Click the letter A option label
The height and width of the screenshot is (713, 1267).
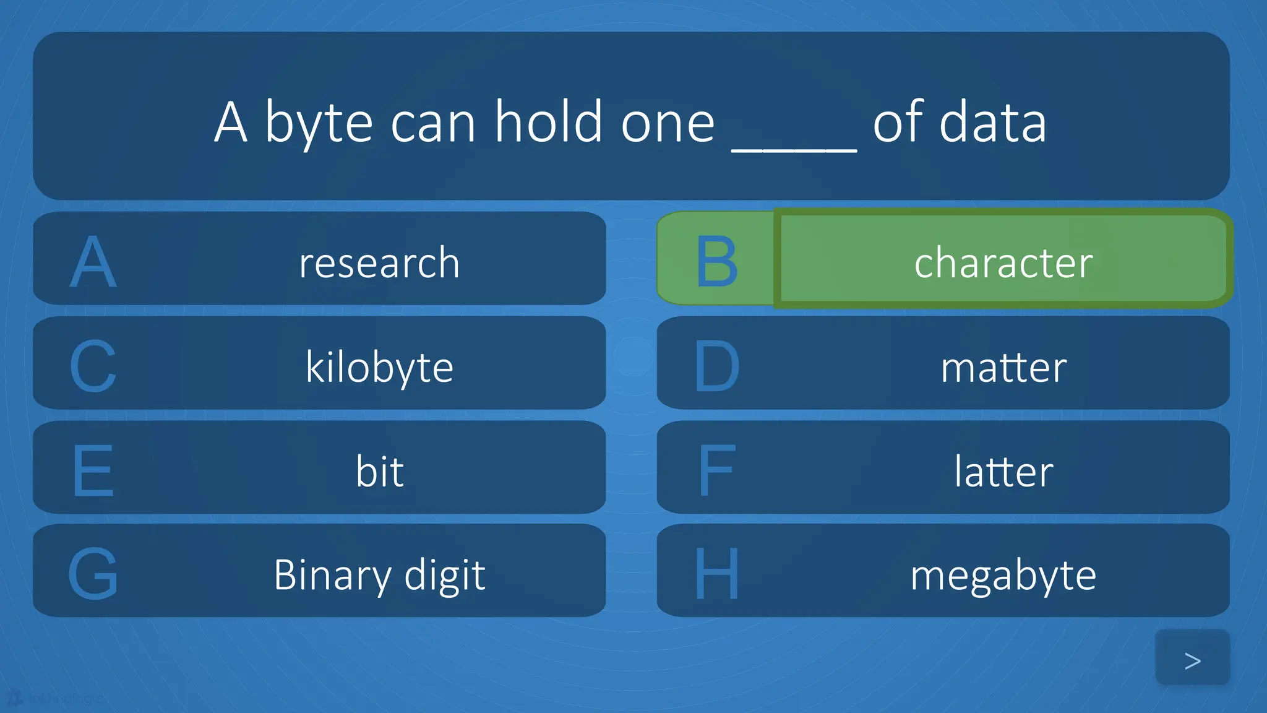tap(93, 262)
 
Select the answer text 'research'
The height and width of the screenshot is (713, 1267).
tap(379, 262)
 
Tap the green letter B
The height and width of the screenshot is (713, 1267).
tap(716, 262)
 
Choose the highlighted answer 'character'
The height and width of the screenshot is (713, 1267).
tap(1003, 262)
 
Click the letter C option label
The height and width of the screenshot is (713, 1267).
tap(93, 366)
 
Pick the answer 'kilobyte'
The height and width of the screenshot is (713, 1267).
tap(379, 367)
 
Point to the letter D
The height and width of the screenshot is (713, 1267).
tap(716, 366)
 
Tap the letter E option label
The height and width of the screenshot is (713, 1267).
tap(93, 470)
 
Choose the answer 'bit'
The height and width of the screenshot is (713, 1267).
tap(379, 471)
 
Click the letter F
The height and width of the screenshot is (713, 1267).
tap(716, 470)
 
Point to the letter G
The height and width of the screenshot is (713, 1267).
tap(93, 574)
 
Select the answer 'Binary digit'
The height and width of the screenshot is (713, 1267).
tap(379, 575)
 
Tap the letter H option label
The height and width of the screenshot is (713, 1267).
tap(716, 574)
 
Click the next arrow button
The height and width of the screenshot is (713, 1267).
tap(1192, 660)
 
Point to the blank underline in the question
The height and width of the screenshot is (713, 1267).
tap(794, 147)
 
